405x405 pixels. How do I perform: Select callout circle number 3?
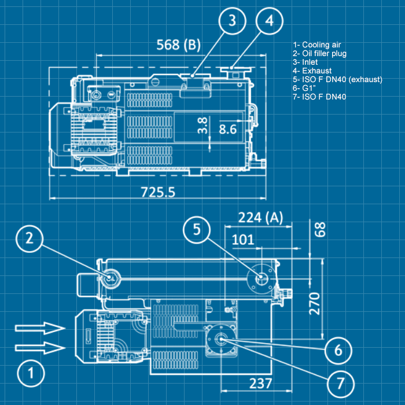click(x=232, y=21)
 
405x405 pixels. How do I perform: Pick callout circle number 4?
click(x=269, y=21)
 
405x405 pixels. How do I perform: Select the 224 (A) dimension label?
click(x=260, y=218)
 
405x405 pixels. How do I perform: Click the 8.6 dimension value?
click(x=227, y=128)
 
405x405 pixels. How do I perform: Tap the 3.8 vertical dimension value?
click(x=202, y=126)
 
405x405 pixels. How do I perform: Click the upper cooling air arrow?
click(x=39, y=329)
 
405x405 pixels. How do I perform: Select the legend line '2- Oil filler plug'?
click(x=320, y=54)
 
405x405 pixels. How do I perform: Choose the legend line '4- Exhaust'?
click(x=312, y=71)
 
